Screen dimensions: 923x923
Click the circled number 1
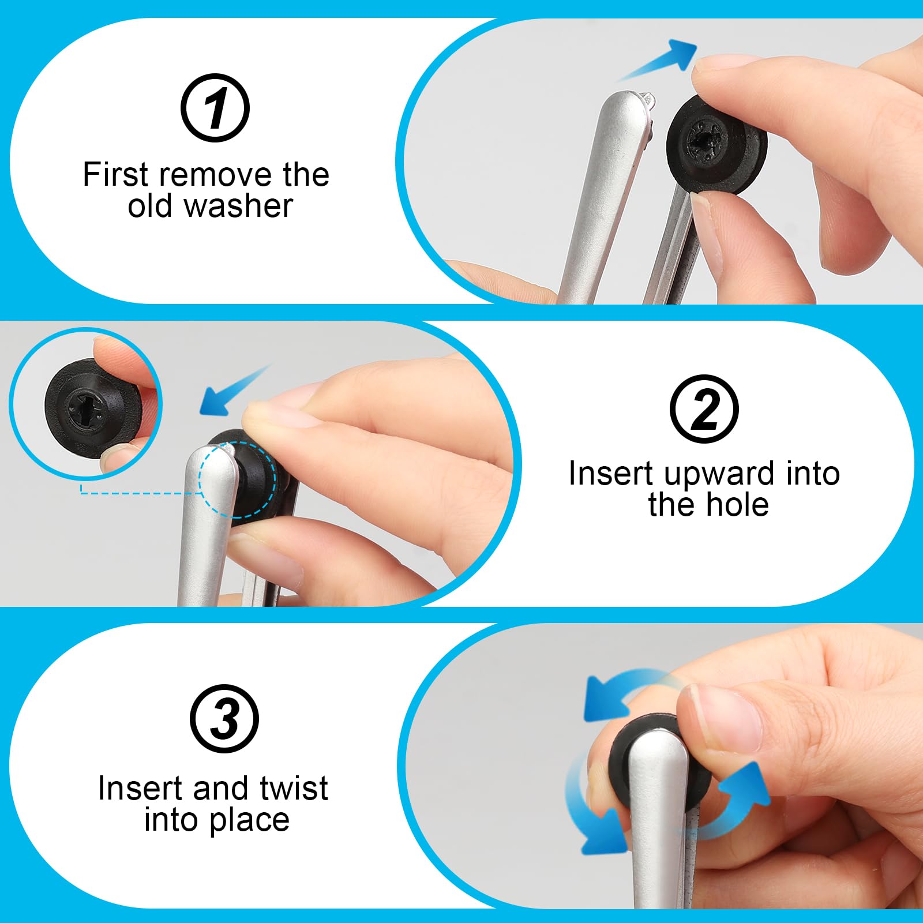[215, 108]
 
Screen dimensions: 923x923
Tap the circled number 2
[704, 409]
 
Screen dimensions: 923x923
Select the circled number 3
[224, 719]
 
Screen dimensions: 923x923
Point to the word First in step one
[115, 174]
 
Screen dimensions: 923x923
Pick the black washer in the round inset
[92, 407]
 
